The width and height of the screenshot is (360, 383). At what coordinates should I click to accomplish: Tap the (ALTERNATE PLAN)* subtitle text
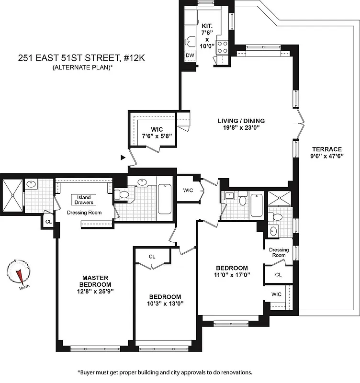[x=83, y=68]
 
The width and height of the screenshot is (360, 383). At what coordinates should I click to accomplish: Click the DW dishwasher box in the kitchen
[x=190, y=55]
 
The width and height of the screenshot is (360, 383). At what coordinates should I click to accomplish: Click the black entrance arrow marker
[x=123, y=157]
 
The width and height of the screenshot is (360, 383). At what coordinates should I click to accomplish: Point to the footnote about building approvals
[x=164, y=372]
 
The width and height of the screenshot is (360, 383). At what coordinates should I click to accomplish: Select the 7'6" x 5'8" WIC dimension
[x=157, y=136]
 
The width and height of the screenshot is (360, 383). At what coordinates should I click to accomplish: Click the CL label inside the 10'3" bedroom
[x=152, y=257]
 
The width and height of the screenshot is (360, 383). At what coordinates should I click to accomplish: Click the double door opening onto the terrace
[x=300, y=122]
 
